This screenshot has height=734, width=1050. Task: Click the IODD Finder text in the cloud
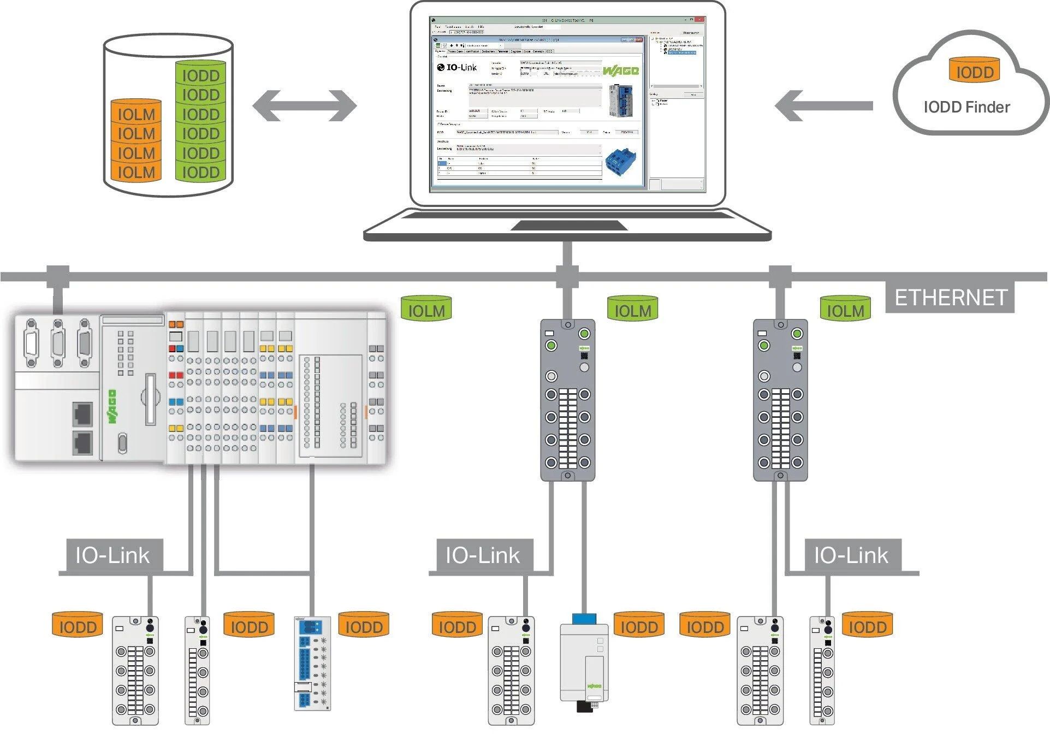click(966, 107)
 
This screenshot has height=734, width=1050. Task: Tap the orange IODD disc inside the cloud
click(975, 71)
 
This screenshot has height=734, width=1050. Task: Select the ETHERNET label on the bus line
click(950, 298)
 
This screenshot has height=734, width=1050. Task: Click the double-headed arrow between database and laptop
click(304, 105)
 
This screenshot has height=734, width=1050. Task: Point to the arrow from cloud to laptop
click(823, 105)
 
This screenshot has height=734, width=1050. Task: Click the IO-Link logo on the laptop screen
click(456, 67)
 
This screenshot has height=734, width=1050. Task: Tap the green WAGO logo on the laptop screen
click(620, 71)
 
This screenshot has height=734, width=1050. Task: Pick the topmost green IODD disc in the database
click(200, 74)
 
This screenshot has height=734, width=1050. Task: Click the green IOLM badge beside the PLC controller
click(426, 309)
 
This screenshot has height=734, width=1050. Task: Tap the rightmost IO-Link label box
click(852, 555)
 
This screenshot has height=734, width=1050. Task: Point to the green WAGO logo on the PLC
click(112, 406)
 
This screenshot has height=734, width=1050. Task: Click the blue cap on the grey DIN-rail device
click(584, 619)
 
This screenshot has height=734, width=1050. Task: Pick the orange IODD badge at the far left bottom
click(78, 625)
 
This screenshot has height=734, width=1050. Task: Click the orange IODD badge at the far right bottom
click(867, 625)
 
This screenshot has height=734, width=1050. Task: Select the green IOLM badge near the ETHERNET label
click(845, 309)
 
